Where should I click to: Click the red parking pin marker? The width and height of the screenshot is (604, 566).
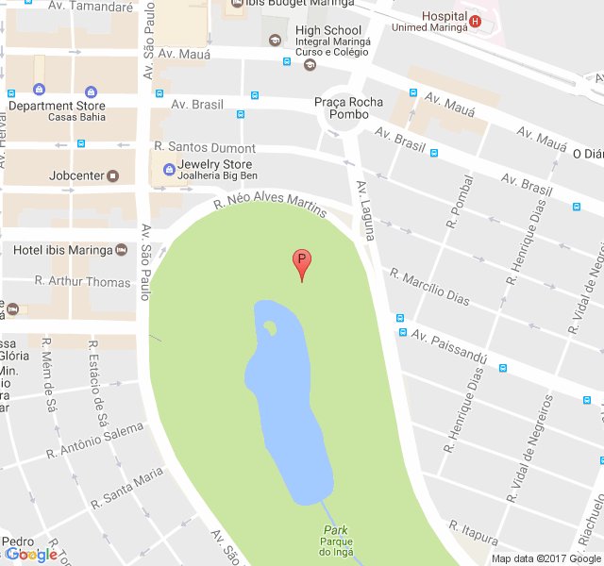click(x=302, y=262)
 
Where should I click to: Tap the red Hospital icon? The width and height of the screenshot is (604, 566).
click(x=474, y=22)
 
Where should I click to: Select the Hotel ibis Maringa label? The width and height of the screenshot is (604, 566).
click(x=63, y=250)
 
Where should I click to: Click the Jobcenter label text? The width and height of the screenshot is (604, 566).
click(x=77, y=175)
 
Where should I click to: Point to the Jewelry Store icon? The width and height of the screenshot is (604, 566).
click(x=159, y=171)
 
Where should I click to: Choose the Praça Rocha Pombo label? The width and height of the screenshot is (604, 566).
click(x=349, y=108)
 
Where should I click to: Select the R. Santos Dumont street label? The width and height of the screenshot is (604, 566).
click(x=205, y=148)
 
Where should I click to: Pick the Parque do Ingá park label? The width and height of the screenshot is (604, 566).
click(x=336, y=546)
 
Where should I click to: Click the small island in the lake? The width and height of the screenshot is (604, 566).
click(x=270, y=328)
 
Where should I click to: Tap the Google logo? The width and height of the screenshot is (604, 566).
click(x=30, y=555)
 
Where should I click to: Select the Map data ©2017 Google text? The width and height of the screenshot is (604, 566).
click(x=546, y=558)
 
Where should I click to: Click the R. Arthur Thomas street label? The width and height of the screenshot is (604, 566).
click(x=82, y=281)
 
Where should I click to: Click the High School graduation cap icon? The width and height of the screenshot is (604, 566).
click(x=275, y=41)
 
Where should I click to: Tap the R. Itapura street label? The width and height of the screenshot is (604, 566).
click(x=473, y=532)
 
